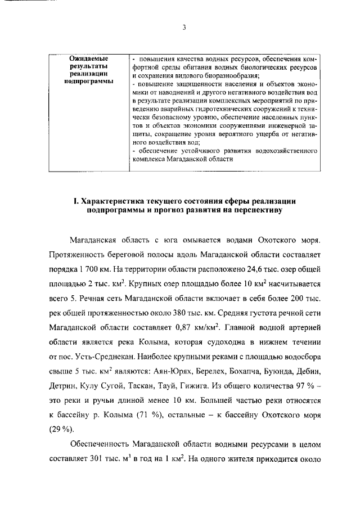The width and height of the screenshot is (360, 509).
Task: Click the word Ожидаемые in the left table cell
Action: click(x=88, y=58)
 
